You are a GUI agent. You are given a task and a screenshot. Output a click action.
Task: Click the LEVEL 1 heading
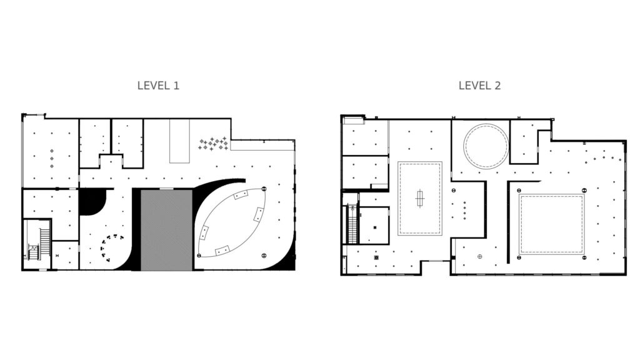tap(158, 86)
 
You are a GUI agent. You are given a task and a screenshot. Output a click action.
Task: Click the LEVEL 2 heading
tap(479, 86)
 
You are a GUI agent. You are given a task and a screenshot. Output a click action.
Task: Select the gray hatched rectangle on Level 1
tap(166, 230)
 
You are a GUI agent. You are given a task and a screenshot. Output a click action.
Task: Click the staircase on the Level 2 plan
tap(352, 224)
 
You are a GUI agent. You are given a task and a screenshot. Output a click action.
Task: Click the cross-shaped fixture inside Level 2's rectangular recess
tap(419, 199)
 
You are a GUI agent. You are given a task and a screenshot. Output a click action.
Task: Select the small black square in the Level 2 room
tap(375, 227)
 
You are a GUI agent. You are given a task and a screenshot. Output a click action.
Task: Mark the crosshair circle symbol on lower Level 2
tap(479, 257)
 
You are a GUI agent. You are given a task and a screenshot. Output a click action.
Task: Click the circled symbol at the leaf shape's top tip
tap(264, 189)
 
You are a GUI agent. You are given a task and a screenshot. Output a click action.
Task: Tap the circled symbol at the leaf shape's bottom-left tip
tap(199, 256)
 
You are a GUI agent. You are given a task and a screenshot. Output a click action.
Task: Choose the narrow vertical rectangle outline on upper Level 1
tap(179, 141)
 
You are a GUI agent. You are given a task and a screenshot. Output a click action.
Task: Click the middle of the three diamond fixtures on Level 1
tap(52, 158)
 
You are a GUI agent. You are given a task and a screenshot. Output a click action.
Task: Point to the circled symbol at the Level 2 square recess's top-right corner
tap(584, 191)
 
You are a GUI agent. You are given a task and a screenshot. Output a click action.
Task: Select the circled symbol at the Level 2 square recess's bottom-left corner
tap(519, 258)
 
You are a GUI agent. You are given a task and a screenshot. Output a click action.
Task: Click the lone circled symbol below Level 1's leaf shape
tap(264, 256)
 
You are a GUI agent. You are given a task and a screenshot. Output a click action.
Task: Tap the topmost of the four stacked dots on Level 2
tap(464, 203)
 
